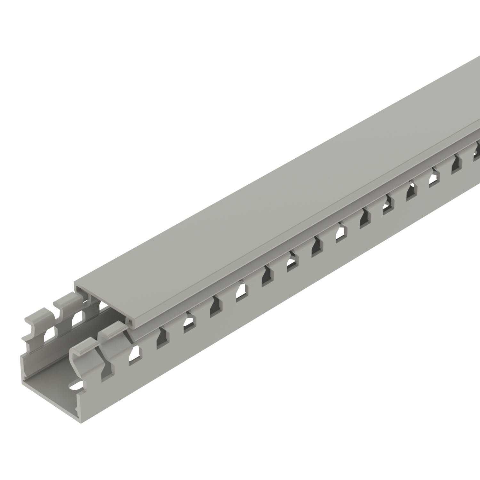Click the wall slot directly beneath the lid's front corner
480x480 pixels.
tap(135, 355)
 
